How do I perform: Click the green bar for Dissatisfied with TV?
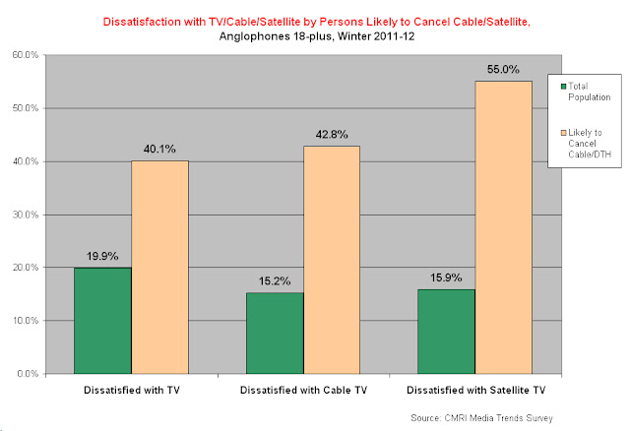click(x=102, y=320)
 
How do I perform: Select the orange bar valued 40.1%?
click(x=159, y=267)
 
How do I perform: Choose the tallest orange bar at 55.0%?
click(x=503, y=227)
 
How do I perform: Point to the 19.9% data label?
click(x=102, y=256)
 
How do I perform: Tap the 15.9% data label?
click(x=446, y=277)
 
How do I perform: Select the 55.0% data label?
click(x=503, y=70)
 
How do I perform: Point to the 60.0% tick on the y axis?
click(x=25, y=55)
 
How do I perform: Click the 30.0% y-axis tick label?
click(x=25, y=215)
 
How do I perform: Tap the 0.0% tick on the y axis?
click(x=27, y=374)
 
